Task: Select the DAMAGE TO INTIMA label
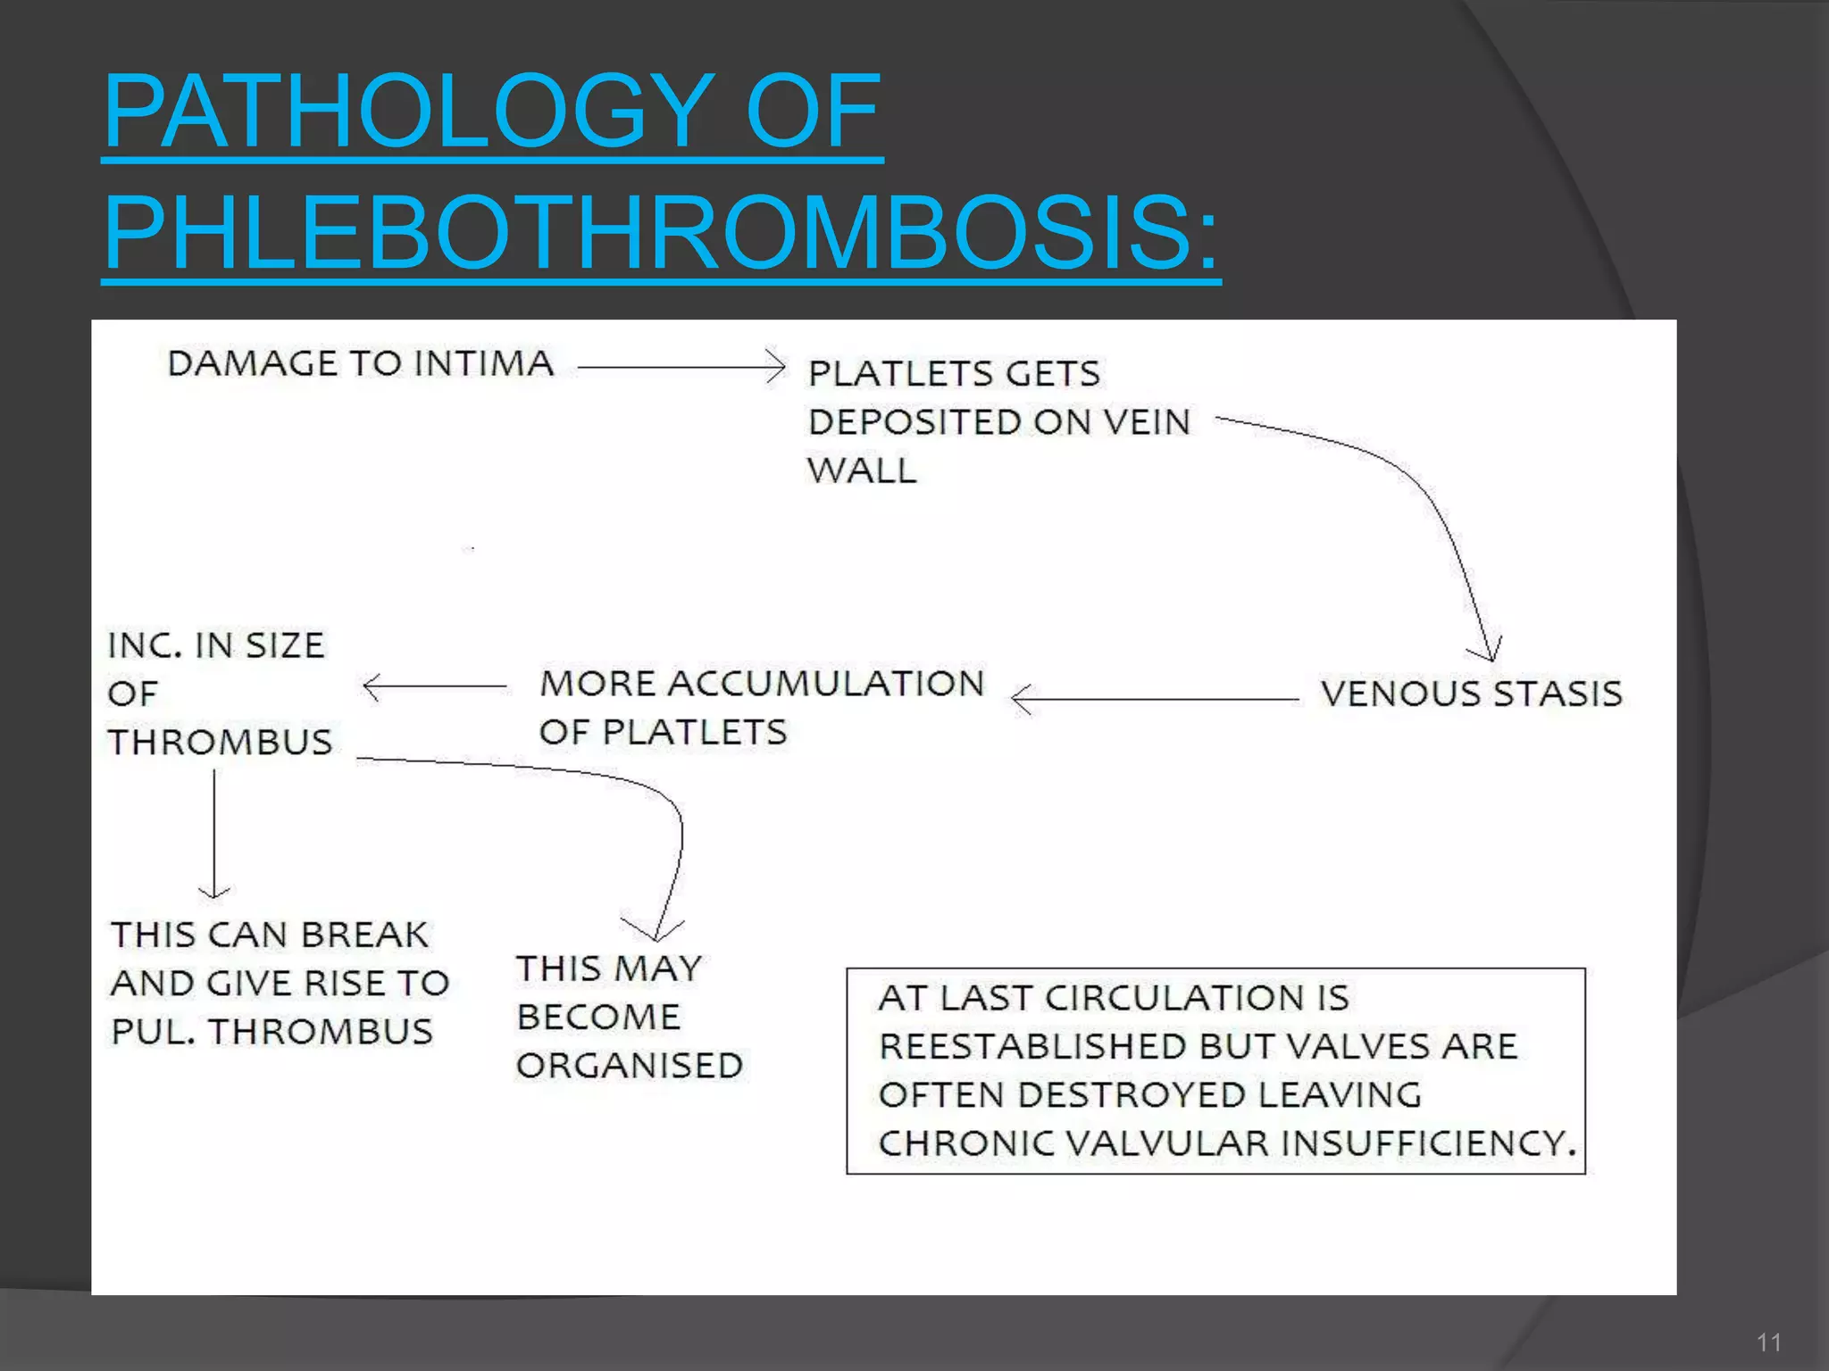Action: [x=360, y=363]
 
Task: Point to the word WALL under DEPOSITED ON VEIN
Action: [x=861, y=470]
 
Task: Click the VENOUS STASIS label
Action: [x=1471, y=694]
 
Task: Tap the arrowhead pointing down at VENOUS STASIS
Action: [x=1491, y=650]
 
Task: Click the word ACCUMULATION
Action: [x=825, y=684]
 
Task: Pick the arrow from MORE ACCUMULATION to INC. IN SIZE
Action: [x=434, y=686]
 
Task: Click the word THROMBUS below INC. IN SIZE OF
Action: [x=220, y=742]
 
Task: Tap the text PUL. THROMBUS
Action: [x=271, y=1032]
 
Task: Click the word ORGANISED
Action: [x=630, y=1066]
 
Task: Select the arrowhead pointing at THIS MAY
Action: [x=655, y=930]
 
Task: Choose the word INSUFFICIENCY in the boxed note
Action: [x=1428, y=1143]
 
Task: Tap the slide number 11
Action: [x=1769, y=1342]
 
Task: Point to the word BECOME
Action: [x=598, y=1018]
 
